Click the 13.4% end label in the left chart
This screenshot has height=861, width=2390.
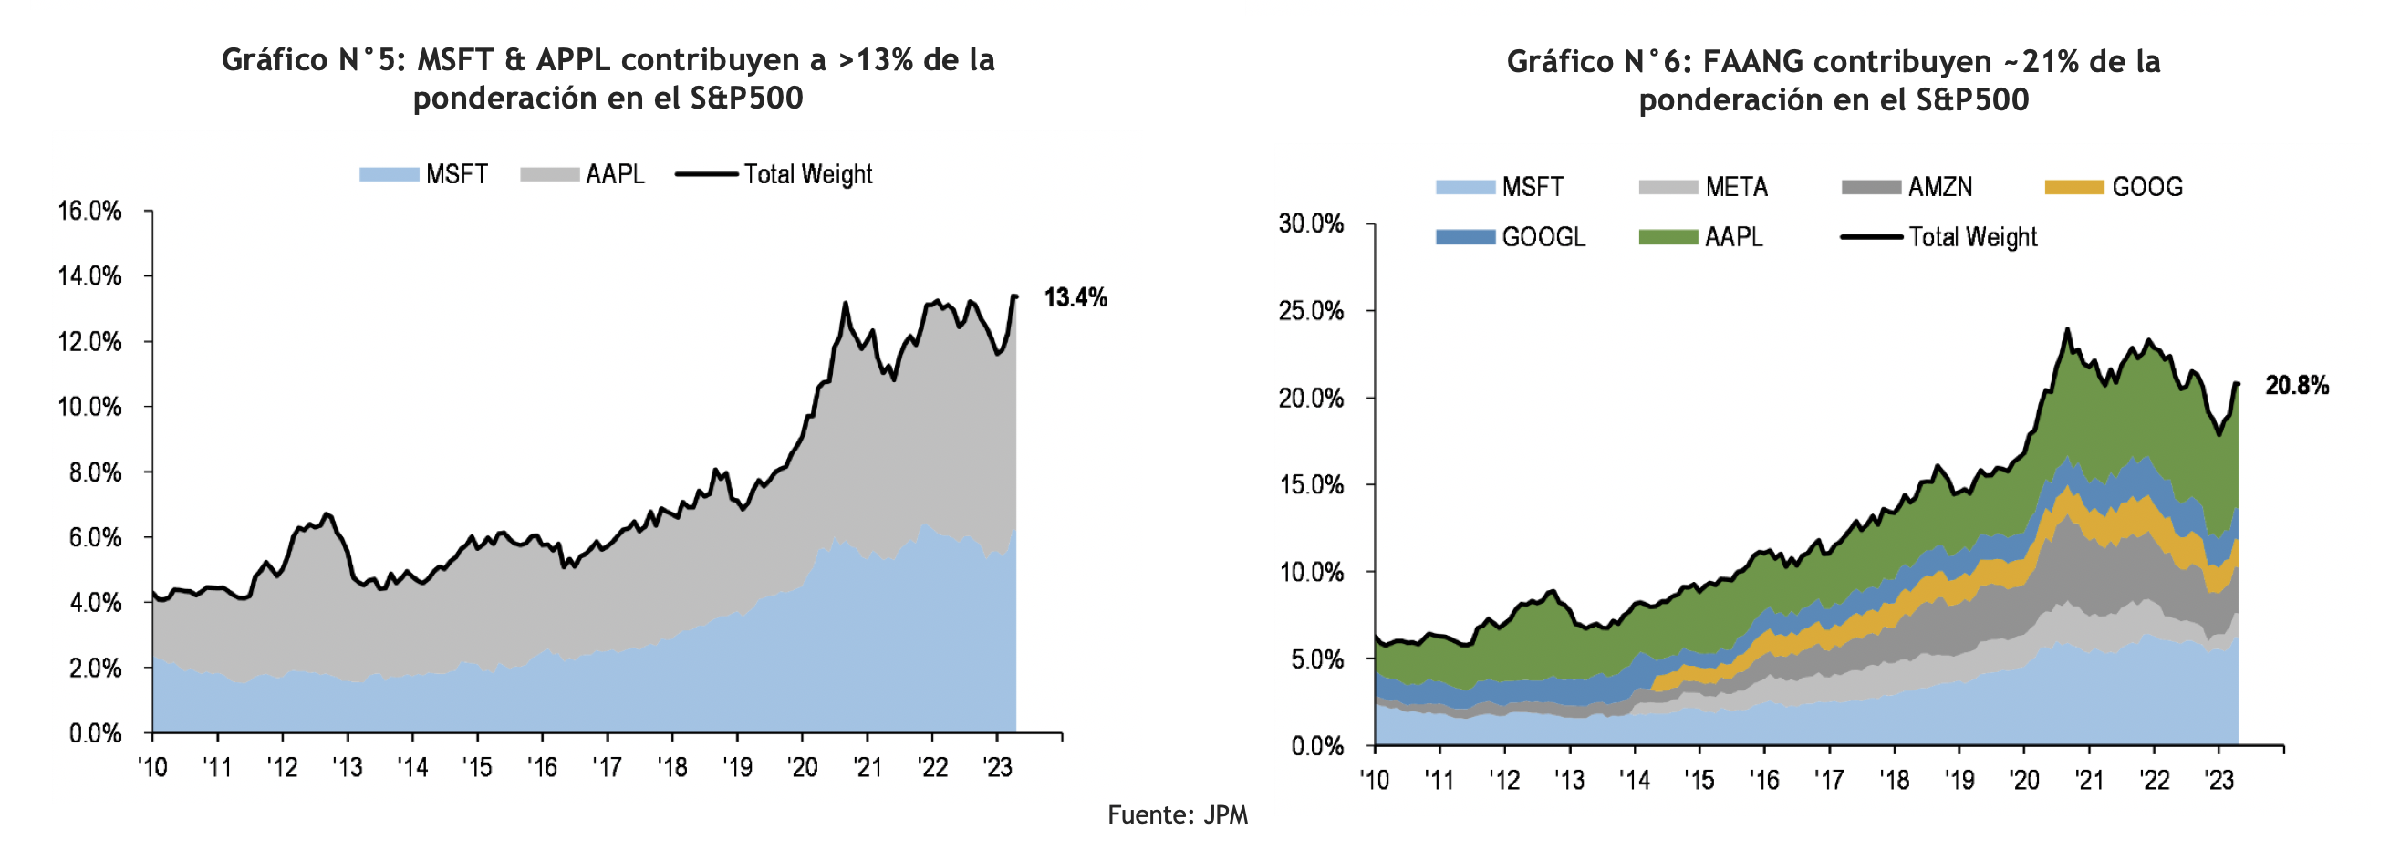(x=1075, y=298)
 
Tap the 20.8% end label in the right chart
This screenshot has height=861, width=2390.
(x=2296, y=386)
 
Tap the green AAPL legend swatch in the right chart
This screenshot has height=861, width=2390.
(x=1668, y=237)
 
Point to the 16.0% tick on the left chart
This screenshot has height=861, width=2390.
(x=90, y=212)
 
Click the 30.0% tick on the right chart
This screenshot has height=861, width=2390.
(x=1311, y=223)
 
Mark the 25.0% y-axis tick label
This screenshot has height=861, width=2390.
(x=1311, y=311)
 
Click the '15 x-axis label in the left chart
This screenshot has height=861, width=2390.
(x=477, y=768)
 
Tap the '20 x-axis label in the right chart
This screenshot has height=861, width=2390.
(x=2023, y=781)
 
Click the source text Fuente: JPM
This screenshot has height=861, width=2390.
(x=1178, y=815)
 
